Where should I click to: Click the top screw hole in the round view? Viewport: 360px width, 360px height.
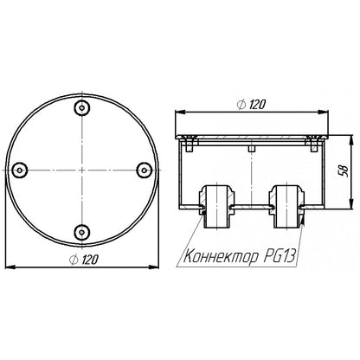(82, 108)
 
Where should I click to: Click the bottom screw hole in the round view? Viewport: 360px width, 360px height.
(82, 232)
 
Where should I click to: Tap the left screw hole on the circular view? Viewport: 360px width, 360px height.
(20, 170)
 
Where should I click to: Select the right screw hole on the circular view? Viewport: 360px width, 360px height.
(144, 170)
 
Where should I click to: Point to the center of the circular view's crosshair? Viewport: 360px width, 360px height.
(82, 170)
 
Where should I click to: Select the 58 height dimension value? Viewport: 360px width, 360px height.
(344, 171)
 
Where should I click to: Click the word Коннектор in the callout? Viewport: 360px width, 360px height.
(221, 256)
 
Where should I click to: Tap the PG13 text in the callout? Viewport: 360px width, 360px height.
(280, 255)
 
